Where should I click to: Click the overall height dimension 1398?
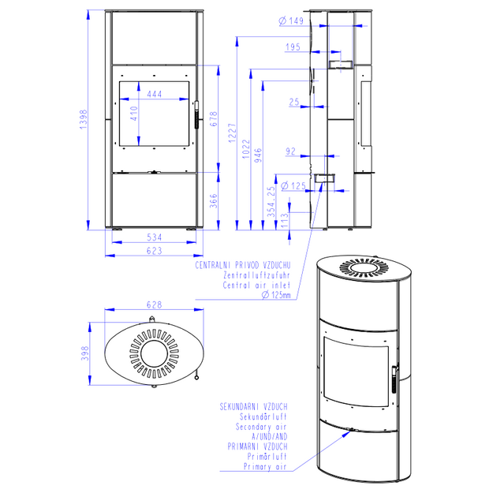(83, 119)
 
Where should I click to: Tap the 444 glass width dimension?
(155, 94)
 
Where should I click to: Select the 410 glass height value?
(134, 114)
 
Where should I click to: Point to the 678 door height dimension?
(214, 119)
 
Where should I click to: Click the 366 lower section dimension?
(214, 201)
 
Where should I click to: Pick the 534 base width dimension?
(155, 237)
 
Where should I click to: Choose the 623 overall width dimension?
(155, 251)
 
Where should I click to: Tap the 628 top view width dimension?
(155, 304)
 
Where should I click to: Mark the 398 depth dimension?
(85, 353)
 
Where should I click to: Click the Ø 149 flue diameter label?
(291, 21)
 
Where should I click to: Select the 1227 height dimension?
(232, 133)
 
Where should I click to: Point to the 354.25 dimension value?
(271, 202)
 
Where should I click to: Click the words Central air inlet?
(256, 286)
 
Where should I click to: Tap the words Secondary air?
(261, 427)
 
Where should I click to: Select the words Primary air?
(265, 467)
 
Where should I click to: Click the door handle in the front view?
(197, 114)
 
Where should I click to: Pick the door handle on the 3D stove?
(394, 379)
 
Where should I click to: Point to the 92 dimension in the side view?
(290, 151)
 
